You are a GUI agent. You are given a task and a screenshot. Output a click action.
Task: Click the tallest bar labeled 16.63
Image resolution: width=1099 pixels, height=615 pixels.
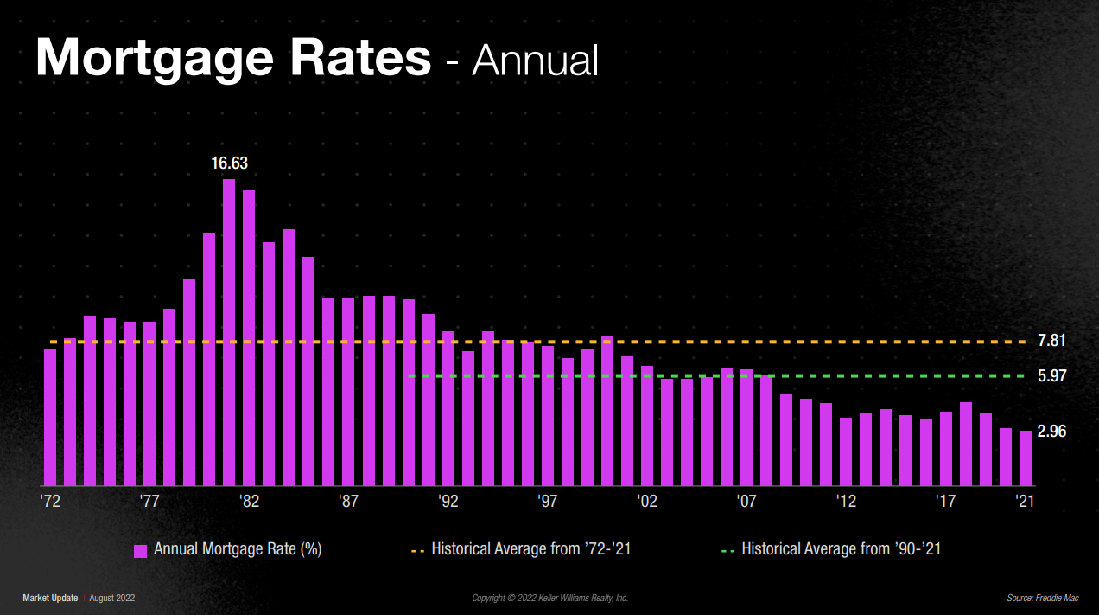pyautogui.click(x=229, y=332)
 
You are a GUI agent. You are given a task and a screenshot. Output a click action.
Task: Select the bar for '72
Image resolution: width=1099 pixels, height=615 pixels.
pyautogui.click(x=50, y=417)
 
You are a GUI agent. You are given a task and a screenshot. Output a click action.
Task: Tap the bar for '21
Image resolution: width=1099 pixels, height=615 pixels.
pyautogui.click(x=1026, y=458)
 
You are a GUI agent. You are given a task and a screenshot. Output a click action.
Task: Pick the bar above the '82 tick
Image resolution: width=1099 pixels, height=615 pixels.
pyautogui.click(x=249, y=337)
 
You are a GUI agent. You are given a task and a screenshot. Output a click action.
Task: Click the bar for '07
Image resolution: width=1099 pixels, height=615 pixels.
pyautogui.click(x=746, y=427)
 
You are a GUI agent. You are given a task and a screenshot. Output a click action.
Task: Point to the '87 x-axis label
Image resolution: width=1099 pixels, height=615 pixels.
pyautogui.click(x=348, y=501)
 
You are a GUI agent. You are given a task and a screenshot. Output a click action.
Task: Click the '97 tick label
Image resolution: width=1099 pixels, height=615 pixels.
pyautogui.click(x=548, y=501)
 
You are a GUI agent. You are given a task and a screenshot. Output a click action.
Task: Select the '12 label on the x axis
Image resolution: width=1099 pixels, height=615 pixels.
pyautogui.click(x=847, y=501)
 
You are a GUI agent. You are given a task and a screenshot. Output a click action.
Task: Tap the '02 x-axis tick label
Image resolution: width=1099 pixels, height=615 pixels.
pyautogui.click(x=647, y=501)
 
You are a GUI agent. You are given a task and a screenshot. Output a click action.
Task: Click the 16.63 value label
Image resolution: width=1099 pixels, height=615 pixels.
pyautogui.click(x=230, y=163)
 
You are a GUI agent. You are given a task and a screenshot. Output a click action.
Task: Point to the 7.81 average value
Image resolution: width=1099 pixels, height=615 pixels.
pyautogui.click(x=1051, y=341)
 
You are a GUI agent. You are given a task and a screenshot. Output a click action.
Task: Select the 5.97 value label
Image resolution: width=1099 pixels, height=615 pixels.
pyautogui.click(x=1051, y=375)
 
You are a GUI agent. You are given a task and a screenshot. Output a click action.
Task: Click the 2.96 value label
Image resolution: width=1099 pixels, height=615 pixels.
pyautogui.click(x=1051, y=432)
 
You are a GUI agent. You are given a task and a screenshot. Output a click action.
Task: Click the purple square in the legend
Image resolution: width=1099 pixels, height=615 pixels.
pyautogui.click(x=140, y=550)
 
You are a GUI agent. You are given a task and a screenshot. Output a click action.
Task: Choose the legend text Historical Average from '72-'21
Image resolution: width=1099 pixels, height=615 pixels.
pyautogui.click(x=530, y=549)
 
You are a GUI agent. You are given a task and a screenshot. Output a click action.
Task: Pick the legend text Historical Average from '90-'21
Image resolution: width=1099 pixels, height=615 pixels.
pyautogui.click(x=841, y=549)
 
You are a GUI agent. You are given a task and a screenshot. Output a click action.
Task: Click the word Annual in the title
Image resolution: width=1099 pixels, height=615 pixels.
pyautogui.click(x=535, y=60)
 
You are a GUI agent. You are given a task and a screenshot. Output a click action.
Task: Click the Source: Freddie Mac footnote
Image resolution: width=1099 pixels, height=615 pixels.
pyautogui.click(x=1042, y=598)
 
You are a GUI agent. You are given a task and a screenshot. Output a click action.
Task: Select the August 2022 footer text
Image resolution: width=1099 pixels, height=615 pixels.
pyautogui.click(x=112, y=598)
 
